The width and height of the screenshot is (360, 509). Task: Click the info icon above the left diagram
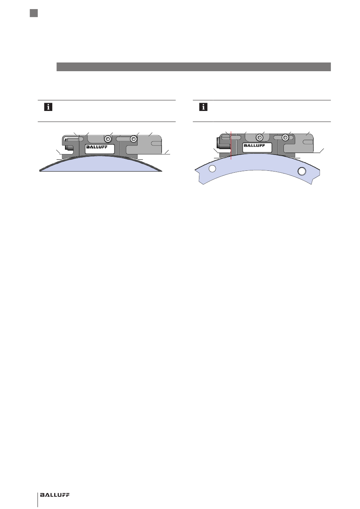tap(48, 107)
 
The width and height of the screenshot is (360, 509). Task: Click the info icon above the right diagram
tap(203, 107)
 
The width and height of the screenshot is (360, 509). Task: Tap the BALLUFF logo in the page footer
tap(55, 493)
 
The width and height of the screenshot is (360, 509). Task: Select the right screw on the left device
tap(134, 138)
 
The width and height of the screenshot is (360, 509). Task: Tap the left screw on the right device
tap(259, 137)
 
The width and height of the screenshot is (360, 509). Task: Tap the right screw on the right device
tap(285, 137)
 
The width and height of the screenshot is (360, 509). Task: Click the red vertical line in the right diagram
tap(231, 145)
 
